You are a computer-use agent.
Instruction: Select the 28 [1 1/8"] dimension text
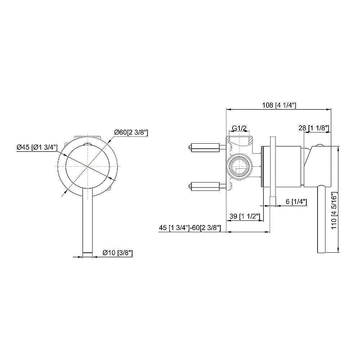tap(313, 127)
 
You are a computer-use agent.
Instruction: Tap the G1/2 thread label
tap(239, 128)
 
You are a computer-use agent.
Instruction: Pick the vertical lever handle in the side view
tap(321, 220)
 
